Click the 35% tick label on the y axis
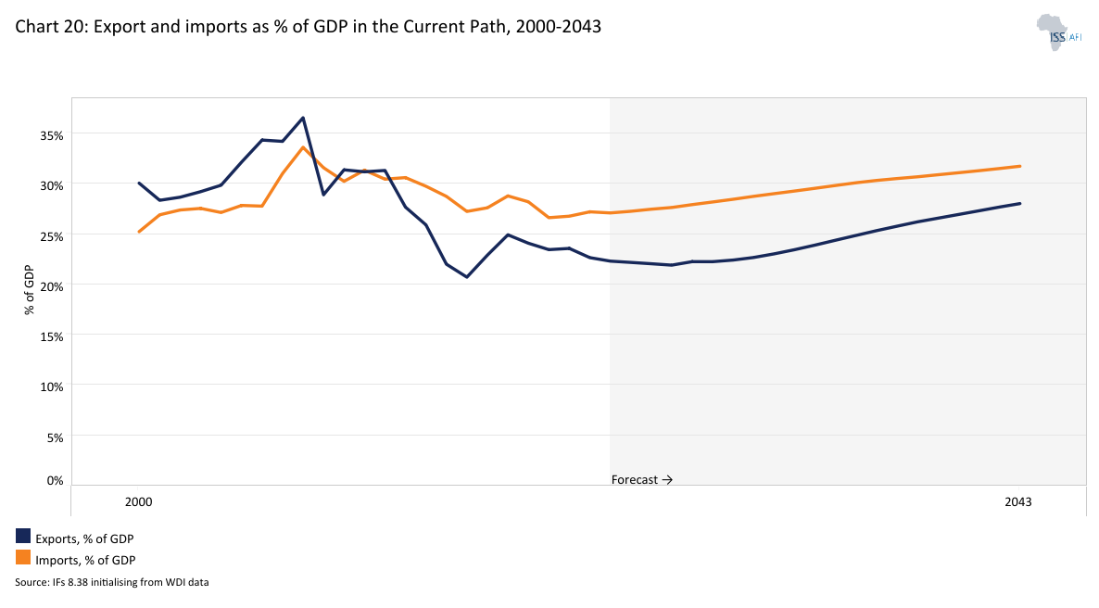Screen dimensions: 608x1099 click(x=51, y=135)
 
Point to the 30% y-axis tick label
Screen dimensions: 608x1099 click(x=51, y=185)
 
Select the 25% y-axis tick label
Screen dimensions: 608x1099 click(x=51, y=236)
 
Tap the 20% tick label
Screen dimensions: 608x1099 click(x=51, y=286)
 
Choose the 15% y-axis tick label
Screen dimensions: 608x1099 click(x=51, y=336)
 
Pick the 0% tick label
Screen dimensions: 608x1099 click(x=54, y=480)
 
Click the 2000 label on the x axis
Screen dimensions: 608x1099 click(x=138, y=501)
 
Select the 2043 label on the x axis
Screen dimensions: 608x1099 click(x=1017, y=501)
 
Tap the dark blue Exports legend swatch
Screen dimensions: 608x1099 click(x=23, y=536)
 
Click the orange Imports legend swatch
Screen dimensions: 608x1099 click(x=23, y=558)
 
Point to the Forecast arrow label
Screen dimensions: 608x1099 click(x=641, y=480)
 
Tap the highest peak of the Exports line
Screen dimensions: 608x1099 click(x=303, y=118)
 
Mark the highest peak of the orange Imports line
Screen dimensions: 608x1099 click(x=303, y=147)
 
